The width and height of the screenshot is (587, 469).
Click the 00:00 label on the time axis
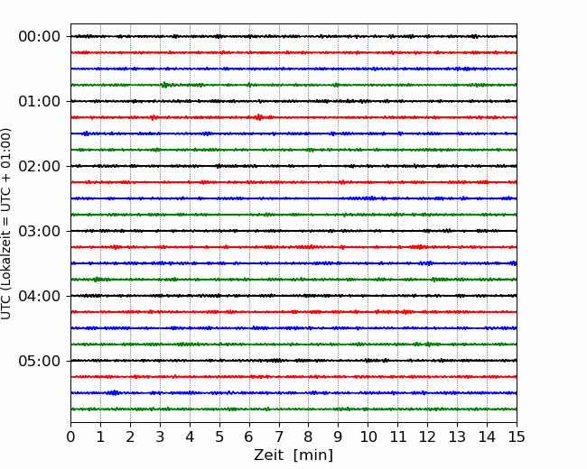click(40, 37)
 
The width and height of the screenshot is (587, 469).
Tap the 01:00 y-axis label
click(40, 101)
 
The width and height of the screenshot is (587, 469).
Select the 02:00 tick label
click(40, 166)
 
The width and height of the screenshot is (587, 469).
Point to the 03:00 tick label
click(40, 231)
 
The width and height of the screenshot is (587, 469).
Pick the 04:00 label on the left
click(40, 296)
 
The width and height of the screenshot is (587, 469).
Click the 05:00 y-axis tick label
click(40, 361)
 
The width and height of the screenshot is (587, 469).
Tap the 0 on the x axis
click(70, 437)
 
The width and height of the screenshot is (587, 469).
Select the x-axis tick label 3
click(160, 437)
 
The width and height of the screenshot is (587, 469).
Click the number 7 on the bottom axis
click(279, 437)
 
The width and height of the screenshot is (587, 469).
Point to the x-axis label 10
click(368, 437)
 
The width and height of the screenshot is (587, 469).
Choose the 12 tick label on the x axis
click(427, 437)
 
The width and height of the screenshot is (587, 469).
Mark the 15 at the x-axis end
click(517, 437)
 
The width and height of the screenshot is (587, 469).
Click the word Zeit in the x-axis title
click(270, 455)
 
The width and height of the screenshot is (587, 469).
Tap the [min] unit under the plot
click(313, 455)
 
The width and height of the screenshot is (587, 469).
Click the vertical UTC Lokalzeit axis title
click(6, 224)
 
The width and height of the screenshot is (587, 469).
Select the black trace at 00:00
click(293, 36)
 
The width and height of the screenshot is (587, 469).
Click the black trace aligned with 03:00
click(293, 231)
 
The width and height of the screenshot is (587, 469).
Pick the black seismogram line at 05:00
click(293, 361)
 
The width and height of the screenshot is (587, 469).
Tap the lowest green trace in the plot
click(293, 409)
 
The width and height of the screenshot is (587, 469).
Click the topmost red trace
click(293, 52)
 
